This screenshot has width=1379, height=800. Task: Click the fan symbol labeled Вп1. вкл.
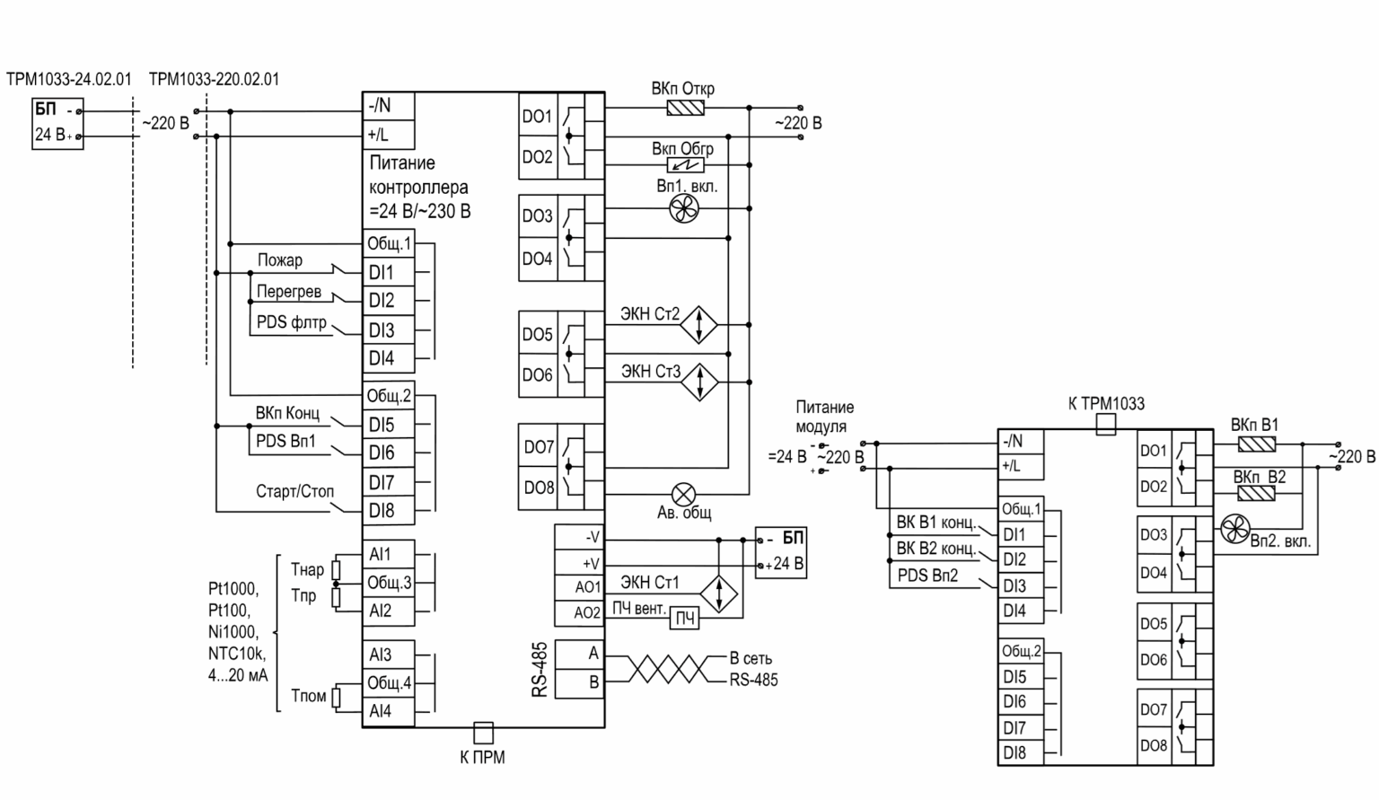pos(684,209)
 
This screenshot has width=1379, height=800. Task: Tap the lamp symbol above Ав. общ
pos(683,494)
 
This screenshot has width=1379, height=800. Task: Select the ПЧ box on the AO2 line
pos(685,618)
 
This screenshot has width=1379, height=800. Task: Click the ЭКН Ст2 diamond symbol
pos(698,324)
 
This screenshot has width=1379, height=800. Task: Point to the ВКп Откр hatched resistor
pos(686,108)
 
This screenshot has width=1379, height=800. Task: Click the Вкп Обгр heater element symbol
pos(686,165)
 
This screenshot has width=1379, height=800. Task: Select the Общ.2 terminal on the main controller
pos(389,395)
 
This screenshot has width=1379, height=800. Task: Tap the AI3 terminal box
pos(389,655)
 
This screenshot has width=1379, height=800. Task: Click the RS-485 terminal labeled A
pos(579,654)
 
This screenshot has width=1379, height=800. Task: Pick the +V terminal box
pos(579,563)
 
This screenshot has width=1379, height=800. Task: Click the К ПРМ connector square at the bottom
pos(483,733)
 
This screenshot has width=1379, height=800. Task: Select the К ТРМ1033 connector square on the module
pos(1106,425)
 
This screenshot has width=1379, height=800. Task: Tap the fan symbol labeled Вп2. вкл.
pos(1235,529)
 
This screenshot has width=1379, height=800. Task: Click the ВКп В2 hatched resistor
pos(1256,493)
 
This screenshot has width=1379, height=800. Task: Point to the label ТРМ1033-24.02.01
pos(69,79)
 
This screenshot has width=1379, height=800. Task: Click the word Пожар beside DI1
pos(280,260)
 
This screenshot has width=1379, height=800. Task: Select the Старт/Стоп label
pos(294,491)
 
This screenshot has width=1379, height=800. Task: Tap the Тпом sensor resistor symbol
pos(336,698)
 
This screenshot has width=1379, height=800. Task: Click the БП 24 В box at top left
pos(57,124)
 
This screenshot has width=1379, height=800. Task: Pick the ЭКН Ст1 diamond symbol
pos(718,594)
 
